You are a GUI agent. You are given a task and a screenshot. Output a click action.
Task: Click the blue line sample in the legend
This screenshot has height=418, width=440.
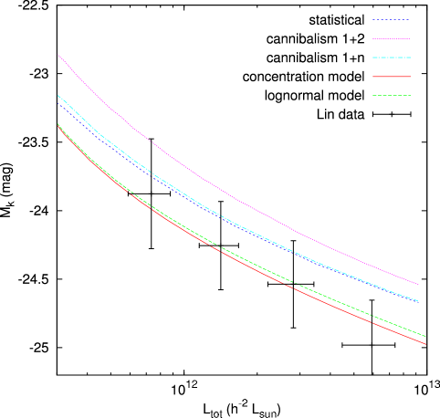[391, 20]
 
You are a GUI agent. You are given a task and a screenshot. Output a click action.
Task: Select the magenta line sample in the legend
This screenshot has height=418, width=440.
[391, 38]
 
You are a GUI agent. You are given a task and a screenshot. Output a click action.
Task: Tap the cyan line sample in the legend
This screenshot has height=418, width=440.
[391, 57]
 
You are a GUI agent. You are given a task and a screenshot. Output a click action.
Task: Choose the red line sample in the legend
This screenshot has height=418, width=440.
[391, 77]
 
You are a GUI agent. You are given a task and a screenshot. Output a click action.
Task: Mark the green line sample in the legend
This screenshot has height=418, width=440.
[391, 95]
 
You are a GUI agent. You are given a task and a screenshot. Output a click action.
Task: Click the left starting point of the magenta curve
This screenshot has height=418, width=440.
[58, 55]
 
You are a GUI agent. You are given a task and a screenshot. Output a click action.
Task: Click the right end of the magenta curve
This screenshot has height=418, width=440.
[418, 284]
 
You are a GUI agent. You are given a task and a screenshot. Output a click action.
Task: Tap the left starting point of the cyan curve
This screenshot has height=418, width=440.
[58, 96]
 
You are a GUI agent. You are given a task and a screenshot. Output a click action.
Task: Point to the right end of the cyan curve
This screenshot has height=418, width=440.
[418, 301]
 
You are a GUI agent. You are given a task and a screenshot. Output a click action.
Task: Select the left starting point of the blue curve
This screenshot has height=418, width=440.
[58, 103]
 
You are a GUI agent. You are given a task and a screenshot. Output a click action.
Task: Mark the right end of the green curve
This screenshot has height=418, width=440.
[425, 337]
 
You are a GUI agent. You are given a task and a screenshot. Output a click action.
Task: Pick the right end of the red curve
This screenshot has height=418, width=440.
[425, 344]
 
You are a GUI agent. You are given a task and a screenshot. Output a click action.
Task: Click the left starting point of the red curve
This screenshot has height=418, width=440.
[58, 127]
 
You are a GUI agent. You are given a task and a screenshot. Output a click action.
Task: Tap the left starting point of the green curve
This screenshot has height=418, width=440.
[58, 124]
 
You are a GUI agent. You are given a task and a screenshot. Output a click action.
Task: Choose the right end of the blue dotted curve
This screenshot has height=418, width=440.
[417, 300]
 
